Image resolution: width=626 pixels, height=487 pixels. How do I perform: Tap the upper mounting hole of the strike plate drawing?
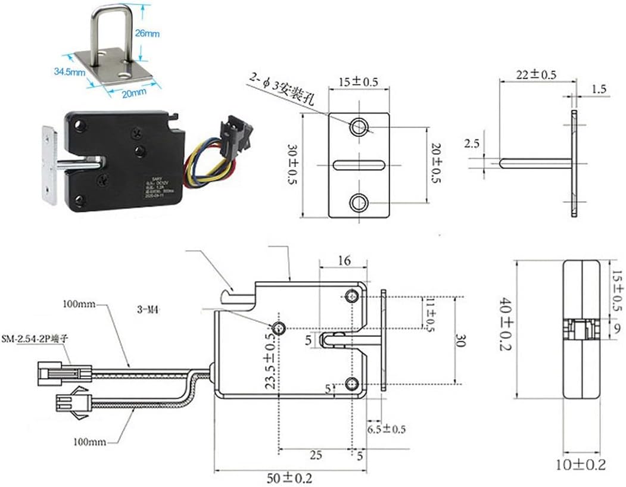[359, 126]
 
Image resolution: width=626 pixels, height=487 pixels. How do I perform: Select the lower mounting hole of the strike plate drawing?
[359, 203]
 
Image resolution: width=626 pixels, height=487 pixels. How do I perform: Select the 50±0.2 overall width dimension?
[289, 477]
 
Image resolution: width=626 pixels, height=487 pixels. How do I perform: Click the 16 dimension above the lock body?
[344, 260]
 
